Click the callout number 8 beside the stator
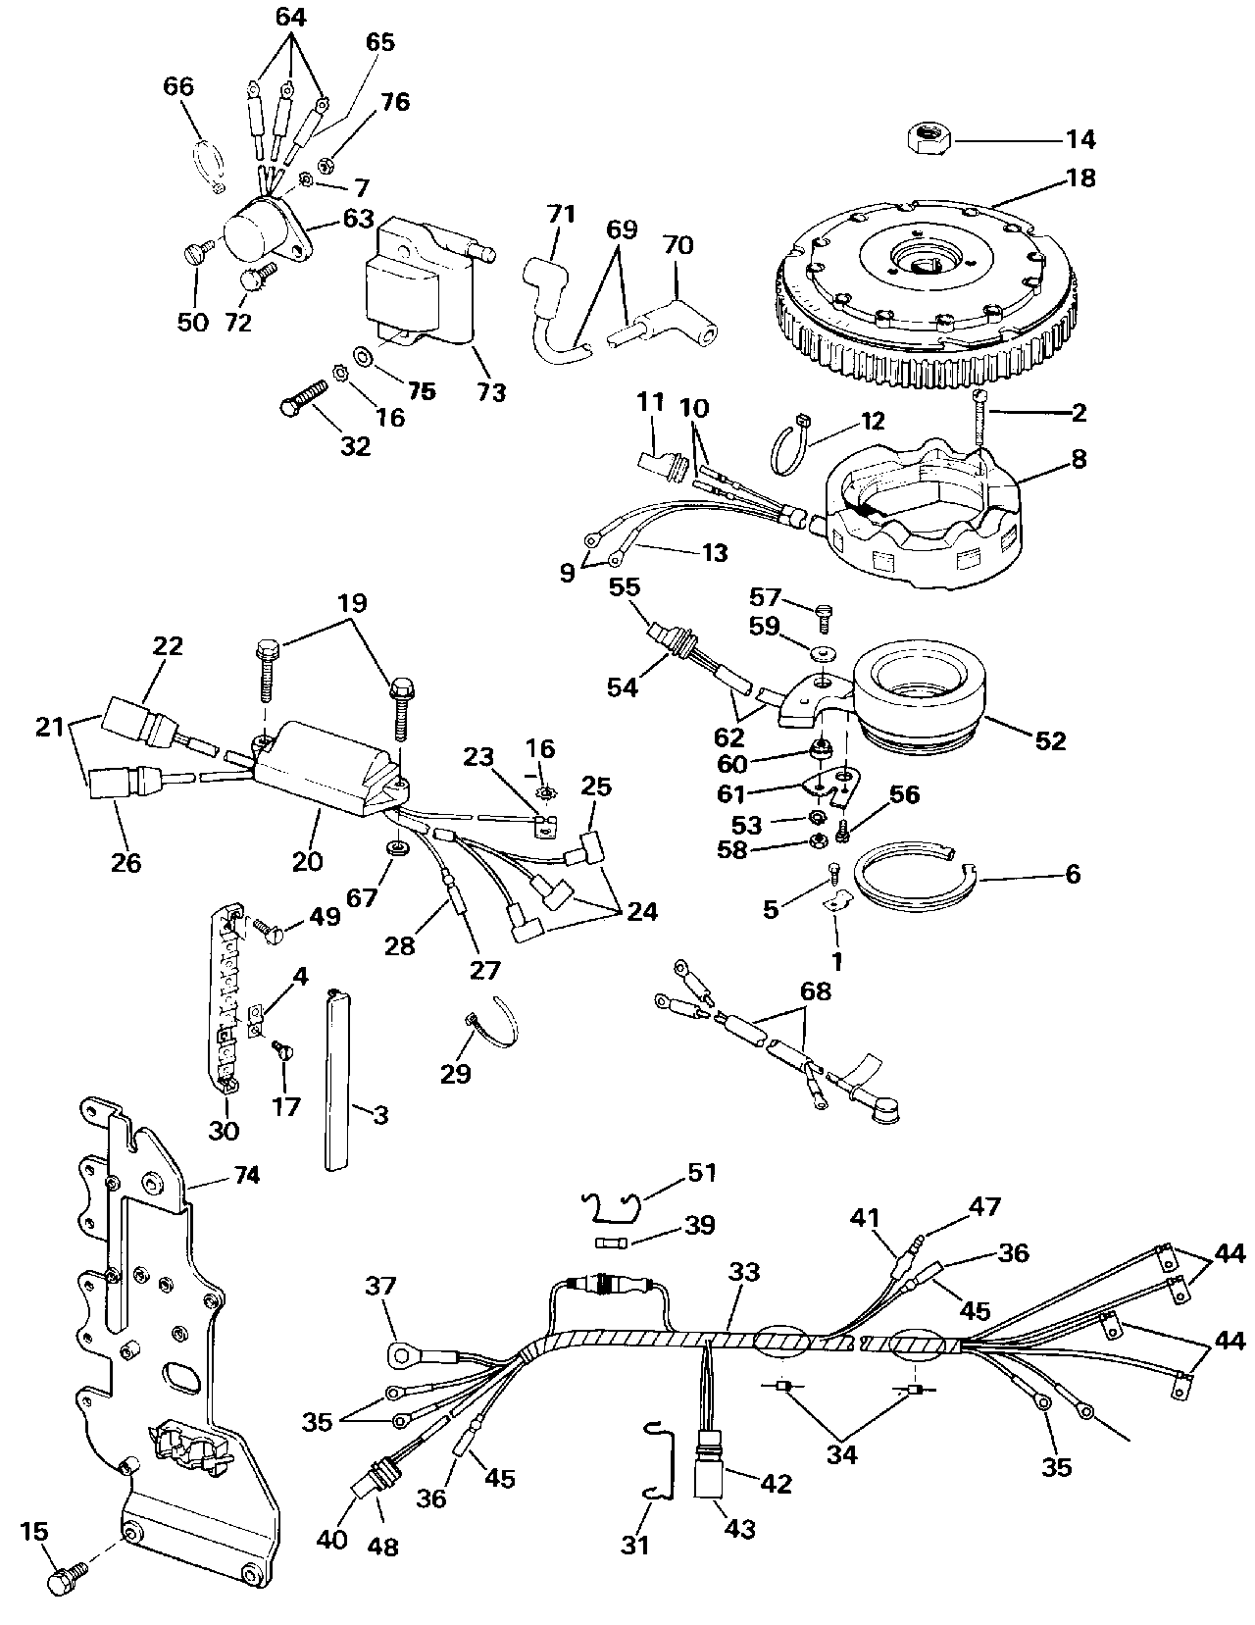(1079, 458)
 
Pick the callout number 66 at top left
(178, 87)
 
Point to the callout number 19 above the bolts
(353, 603)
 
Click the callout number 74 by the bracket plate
(247, 1175)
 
